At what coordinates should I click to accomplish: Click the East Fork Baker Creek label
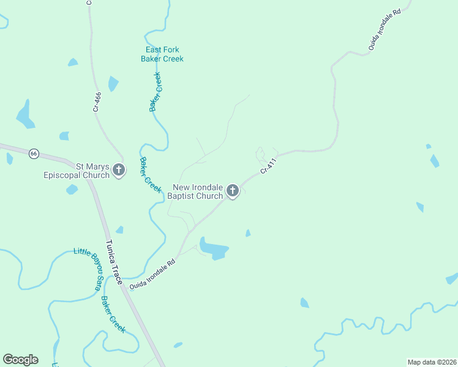tap(162, 54)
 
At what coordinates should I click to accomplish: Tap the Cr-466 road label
tap(97, 101)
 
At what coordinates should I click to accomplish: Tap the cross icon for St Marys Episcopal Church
tap(119, 171)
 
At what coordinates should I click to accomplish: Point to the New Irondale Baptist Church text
tap(198, 191)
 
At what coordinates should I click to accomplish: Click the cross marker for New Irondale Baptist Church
tap(232, 191)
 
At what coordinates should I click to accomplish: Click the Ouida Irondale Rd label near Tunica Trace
tap(152, 273)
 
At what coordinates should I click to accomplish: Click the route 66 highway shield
tap(34, 154)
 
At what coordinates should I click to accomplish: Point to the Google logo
tap(20, 360)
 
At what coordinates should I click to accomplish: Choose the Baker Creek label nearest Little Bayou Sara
tap(113, 314)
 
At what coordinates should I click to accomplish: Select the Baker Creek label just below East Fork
tap(156, 92)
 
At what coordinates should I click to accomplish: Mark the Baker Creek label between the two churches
tap(151, 175)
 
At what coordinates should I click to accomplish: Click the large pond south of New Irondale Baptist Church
tap(214, 249)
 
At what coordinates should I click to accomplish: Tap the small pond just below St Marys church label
tap(72, 190)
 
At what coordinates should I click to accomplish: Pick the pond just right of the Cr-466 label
tap(113, 83)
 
